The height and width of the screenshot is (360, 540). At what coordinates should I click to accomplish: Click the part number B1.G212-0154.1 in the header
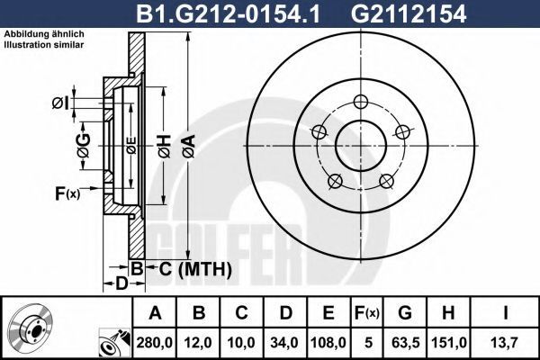pos(228,14)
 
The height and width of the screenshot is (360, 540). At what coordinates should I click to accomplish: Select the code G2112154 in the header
pos(409,14)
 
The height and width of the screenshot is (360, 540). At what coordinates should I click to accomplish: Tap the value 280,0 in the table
pos(155,343)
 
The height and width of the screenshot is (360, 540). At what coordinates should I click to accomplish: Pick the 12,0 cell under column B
pos(198,343)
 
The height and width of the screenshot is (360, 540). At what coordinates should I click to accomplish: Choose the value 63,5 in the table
pos(405,343)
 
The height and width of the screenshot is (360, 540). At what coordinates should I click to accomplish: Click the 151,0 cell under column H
pos(448,343)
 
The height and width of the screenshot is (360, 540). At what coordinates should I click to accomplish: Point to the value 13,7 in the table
pos(505,343)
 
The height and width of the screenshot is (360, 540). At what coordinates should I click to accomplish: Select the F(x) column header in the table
pos(367,313)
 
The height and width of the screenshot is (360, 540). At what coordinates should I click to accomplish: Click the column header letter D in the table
pos(285,313)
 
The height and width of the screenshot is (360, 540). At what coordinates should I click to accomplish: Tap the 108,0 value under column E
pos(328,343)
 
